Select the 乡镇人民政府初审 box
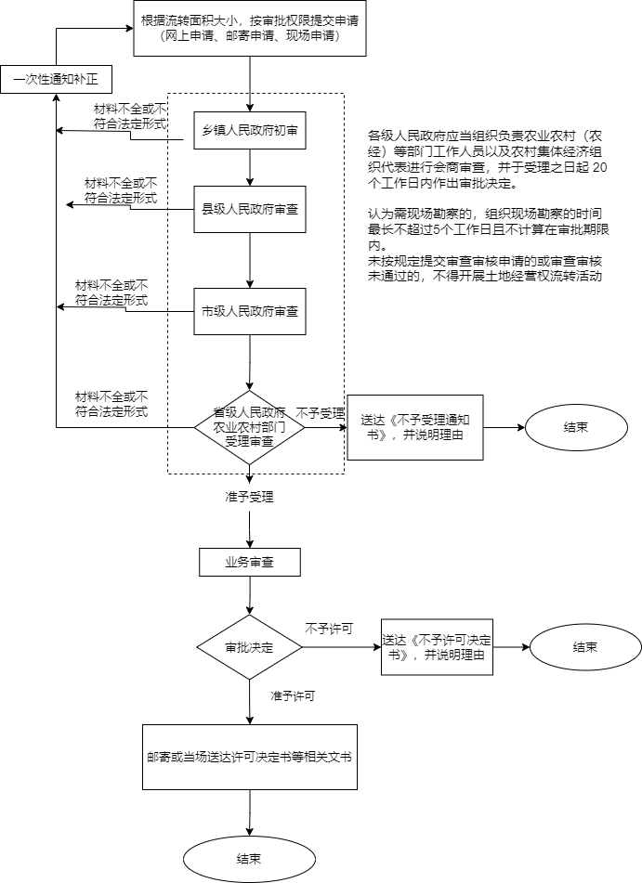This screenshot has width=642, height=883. point(250,132)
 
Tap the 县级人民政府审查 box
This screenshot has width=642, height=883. point(250,210)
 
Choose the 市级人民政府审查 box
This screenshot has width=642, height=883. point(250,312)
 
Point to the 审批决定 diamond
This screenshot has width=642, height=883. point(250,646)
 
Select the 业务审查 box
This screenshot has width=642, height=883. point(250,562)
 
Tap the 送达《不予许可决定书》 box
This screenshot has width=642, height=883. point(437,646)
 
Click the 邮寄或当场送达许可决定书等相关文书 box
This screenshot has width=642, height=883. point(249,757)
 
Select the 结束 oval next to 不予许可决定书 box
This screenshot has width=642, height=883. point(584,646)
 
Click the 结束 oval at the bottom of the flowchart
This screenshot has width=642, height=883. point(250,858)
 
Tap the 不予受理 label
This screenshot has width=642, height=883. point(320,413)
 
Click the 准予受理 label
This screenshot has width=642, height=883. point(249,497)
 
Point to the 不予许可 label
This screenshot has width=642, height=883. point(328,629)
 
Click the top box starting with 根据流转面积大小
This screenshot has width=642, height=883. point(250,28)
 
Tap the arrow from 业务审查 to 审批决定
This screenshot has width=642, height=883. point(250,595)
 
